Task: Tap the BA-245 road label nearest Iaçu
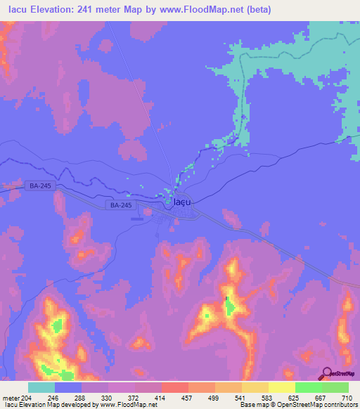coord(121,205)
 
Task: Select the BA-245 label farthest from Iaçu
coord(41,186)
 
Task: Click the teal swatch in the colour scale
coord(41,387)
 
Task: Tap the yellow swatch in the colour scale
coord(282,387)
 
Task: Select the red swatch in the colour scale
coord(175,387)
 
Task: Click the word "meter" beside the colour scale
coord(12,398)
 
